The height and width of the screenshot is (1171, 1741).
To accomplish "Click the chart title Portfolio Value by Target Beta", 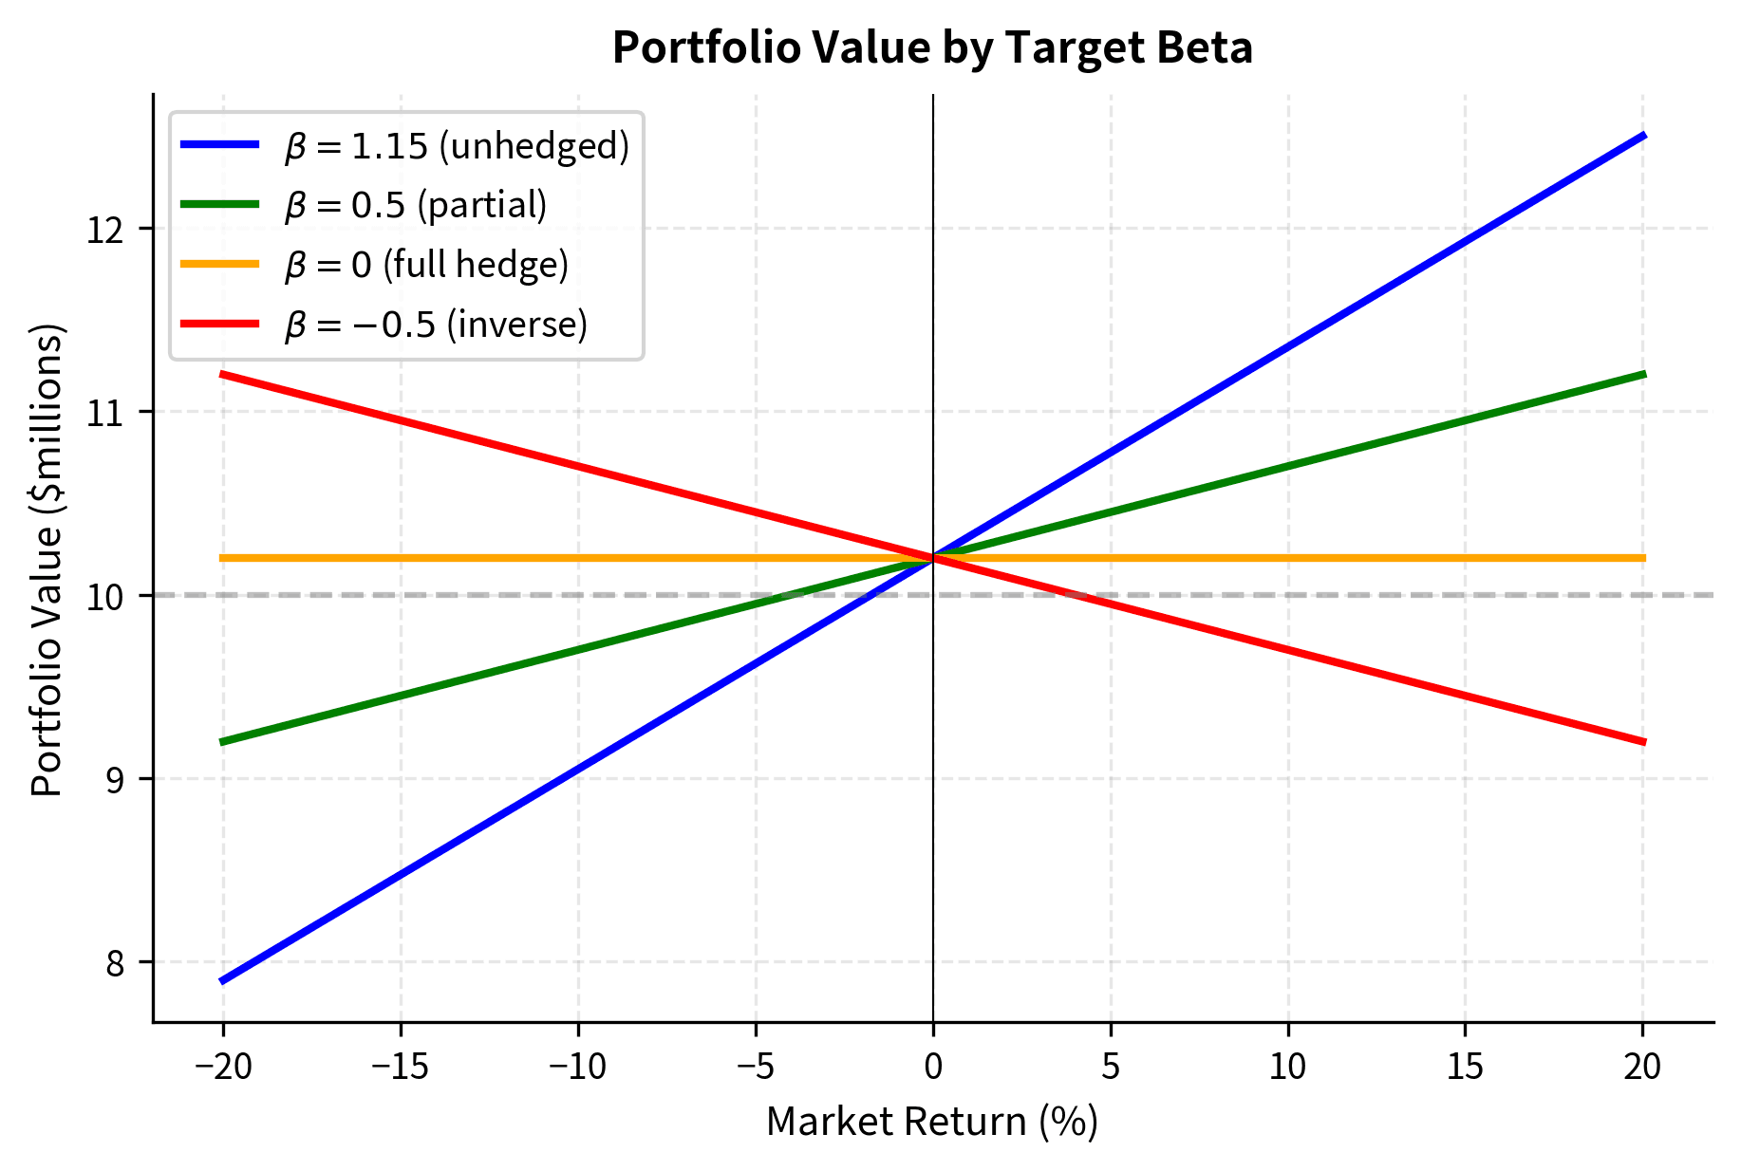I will click(x=932, y=47).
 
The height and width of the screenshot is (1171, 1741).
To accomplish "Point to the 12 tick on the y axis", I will click(x=105, y=230).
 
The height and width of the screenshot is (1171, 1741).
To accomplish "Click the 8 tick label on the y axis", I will click(x=115, y=963).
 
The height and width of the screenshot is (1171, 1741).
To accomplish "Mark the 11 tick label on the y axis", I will click(x=105, y=413).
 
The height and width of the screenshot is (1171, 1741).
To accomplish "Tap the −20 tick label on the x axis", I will click(x=223, y=1068).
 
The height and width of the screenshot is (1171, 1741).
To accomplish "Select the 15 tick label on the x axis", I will click(x=1465, y=1068).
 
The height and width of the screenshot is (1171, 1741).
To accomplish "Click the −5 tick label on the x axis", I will click(x=756, y=1068).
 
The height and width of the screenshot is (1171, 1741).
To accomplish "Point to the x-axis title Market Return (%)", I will click(x=932, y=1122).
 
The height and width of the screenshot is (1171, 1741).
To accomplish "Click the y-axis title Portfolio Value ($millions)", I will click(x=47, y=560).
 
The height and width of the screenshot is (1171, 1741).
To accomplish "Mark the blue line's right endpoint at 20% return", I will click(x=1643, y=136).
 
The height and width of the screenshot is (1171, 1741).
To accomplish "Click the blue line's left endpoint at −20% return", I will click(x=222, y=980).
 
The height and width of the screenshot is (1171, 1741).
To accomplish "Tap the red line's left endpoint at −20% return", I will click(x=222, y=374).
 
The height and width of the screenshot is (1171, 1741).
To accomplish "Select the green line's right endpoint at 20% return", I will click(x=1643, y=374).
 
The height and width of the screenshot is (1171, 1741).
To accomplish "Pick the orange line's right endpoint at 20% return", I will click(x=1643, y=558).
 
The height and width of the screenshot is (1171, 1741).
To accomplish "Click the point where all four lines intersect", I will click(x=933, y=558).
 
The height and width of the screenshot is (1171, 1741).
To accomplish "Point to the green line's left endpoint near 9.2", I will click(x=222, y=741).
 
